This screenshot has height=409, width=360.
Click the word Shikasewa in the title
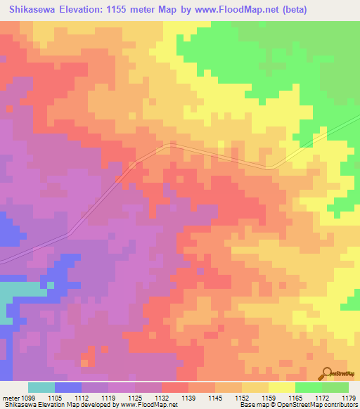click(32, 9)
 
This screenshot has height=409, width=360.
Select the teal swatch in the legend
click(41, 387)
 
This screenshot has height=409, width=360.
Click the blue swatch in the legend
click(68, 387)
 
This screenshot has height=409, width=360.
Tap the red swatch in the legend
click(175, 387)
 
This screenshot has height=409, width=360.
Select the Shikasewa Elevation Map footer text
click(35, 405)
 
